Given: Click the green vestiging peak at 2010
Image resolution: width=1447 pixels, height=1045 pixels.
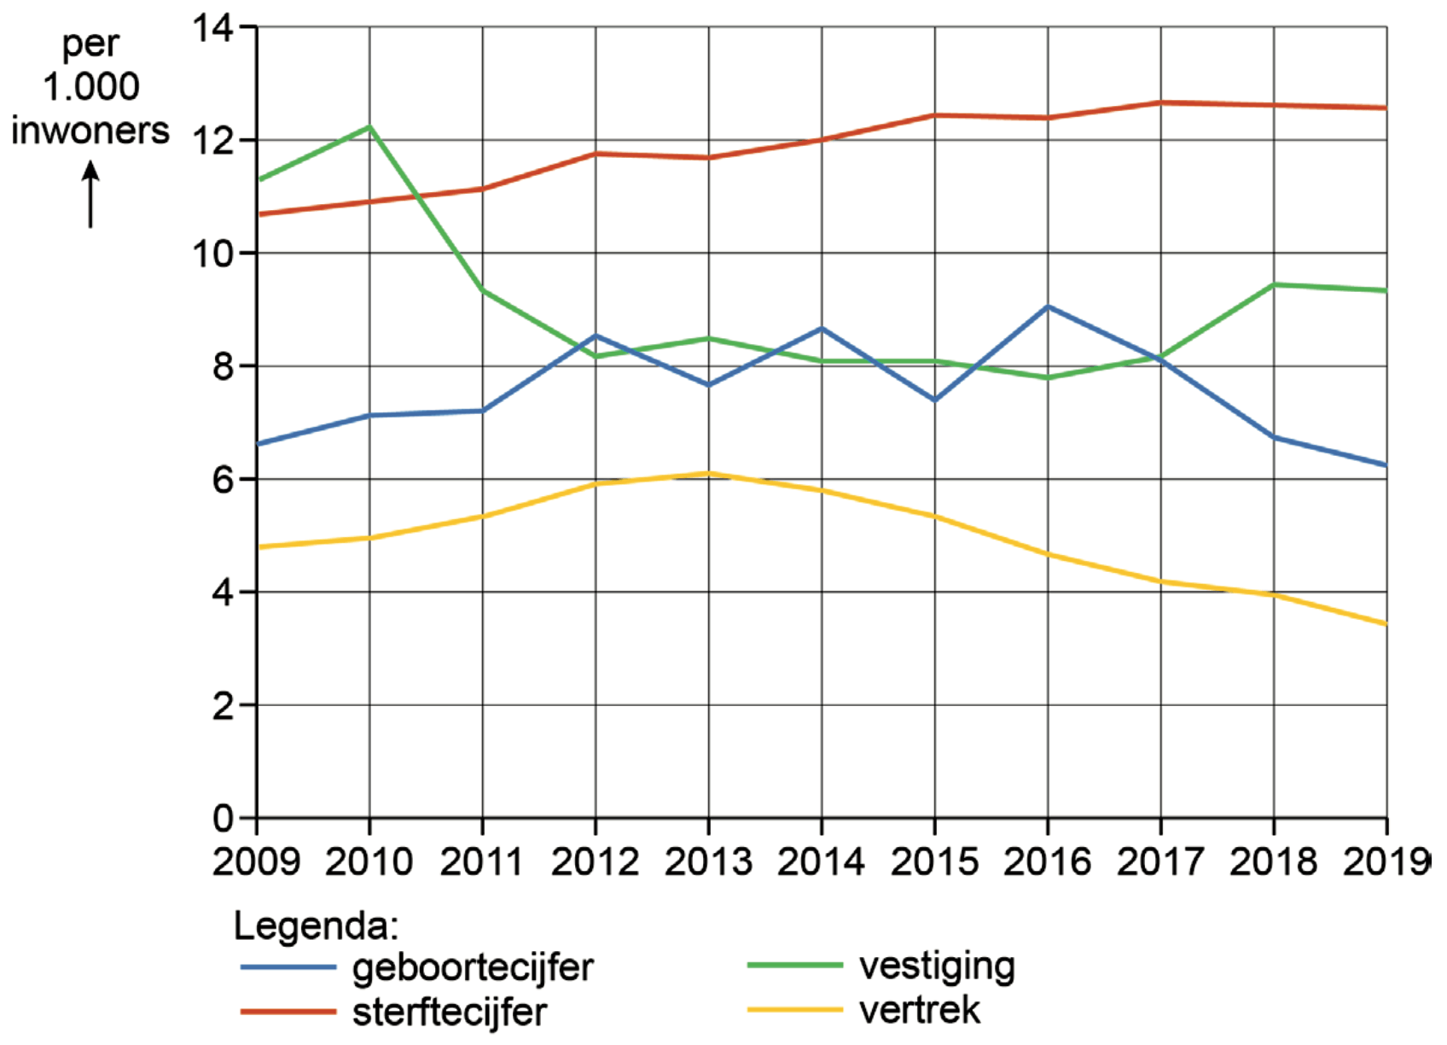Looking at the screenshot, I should (369, 127).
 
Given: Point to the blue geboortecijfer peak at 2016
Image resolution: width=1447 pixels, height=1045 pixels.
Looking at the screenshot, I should (1048, 306).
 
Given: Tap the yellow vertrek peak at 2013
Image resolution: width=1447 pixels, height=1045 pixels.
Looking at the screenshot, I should (708, 473).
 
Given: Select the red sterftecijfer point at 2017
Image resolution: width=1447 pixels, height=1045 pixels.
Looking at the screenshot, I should (1160, 102).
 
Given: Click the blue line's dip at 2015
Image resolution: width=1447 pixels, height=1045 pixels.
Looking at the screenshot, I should (935, 400).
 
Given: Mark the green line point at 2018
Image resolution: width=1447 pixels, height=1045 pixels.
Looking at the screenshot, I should (1274, 284).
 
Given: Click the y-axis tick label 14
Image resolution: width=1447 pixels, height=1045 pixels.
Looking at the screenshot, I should (212, 28).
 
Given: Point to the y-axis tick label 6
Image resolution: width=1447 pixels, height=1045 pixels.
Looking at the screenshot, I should (223, 480).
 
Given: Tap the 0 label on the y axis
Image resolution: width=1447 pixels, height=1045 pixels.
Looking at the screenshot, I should (223, 819).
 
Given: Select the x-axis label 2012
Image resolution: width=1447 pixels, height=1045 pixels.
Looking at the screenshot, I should (595, 862).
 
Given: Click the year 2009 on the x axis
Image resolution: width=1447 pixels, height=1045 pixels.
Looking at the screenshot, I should (256, 862).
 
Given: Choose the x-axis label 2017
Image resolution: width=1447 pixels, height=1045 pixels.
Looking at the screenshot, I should (1160, 862).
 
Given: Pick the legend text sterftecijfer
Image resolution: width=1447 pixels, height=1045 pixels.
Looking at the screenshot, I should (449, 1013).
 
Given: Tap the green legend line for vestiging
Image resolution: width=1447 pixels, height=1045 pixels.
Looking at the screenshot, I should (794, 966).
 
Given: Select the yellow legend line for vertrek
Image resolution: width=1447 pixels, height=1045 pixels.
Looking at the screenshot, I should (794, 1010).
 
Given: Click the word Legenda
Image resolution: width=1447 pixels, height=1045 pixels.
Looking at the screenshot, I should (316, 926).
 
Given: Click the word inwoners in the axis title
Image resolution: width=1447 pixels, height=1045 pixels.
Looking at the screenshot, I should (90, 131).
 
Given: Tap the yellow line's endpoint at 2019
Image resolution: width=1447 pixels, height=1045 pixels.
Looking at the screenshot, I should (1385, 623).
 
